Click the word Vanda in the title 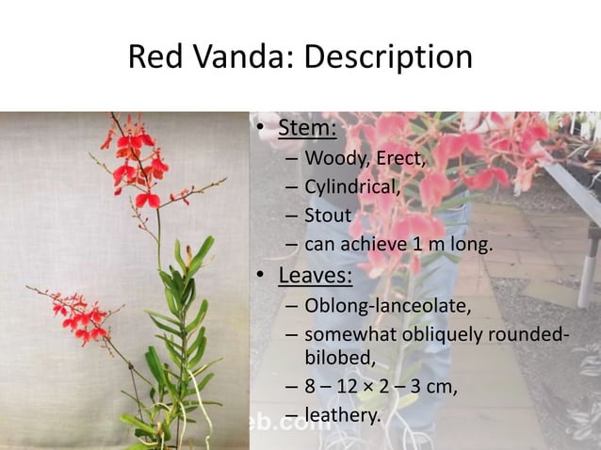(x=235, y=58)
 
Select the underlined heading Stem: (x=307, y=127)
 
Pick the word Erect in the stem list (x=399, y=157)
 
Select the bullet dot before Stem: (x=260, y=128)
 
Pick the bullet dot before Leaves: (x=260, y=277)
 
